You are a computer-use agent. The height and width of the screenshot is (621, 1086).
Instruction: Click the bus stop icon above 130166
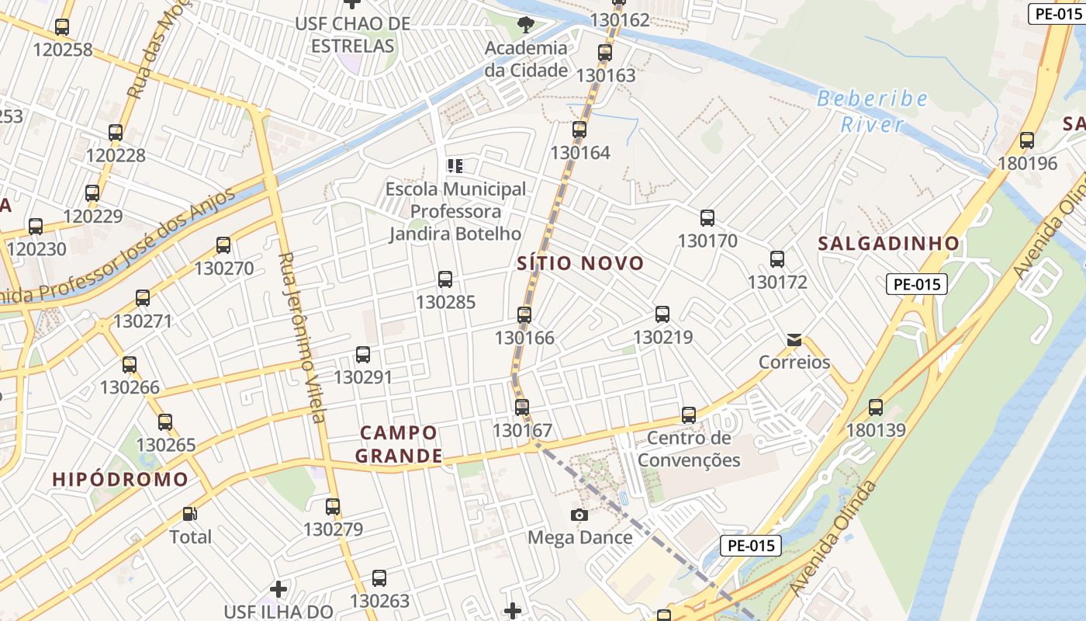tap(524, 314)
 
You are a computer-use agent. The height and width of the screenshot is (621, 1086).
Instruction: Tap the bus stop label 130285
tap(445, 302)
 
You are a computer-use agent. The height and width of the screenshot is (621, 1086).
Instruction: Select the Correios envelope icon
tap(794, 340)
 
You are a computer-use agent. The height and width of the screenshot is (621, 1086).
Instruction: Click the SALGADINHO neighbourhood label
tap(889, 243)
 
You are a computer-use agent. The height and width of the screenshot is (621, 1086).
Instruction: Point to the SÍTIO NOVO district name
tap(581, 263)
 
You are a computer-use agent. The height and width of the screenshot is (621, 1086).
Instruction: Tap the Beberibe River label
tap(873, 111)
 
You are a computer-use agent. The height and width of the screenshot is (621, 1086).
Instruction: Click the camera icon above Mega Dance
tap(579, 515)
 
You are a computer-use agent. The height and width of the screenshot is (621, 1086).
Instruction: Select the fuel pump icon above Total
tap(189, 514)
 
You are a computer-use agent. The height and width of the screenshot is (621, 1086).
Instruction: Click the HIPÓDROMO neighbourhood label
tap(120, 479)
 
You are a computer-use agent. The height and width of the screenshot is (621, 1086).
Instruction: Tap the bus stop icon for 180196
tap(1027, 141)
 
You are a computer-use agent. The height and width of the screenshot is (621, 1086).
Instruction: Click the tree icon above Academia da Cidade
tap(526, 24)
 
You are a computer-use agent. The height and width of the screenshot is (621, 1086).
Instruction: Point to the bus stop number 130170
tap(707, 241)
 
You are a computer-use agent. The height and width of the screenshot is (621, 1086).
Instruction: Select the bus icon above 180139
tap(876, 407)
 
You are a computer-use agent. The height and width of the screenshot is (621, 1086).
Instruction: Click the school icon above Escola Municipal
tap(455, 165)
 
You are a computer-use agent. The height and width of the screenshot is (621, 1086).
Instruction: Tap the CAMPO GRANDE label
tap(399, 444)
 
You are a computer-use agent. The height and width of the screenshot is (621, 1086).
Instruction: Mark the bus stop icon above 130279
tap(333, 507)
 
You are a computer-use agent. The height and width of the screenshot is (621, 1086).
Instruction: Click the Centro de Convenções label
tap(689, 449)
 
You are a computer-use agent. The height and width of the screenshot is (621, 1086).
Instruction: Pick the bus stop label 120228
tap(116, 155)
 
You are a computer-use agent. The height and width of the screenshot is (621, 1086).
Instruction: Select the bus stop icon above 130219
tap(662, 314)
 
